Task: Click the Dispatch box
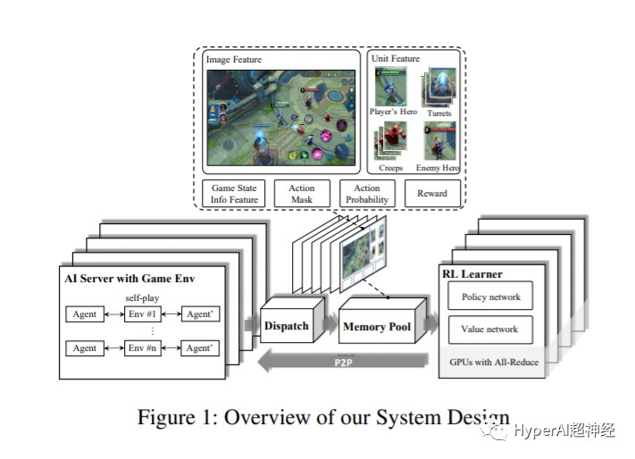(x=286, y=326)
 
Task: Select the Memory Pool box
(x=377, y=327)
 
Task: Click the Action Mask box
(x=302, y=194)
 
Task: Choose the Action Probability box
(x=367, y=194)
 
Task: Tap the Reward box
(x=432, y=194)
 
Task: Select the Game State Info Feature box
(x=235, y=194)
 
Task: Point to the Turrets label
(x=439, y=113)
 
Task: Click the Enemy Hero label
(x=438, y=168)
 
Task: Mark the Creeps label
(x=390, y=168)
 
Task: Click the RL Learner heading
(x=472, y=273)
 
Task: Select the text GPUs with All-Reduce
(x=492, y=363)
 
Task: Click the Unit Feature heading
(x=397, y=59)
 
